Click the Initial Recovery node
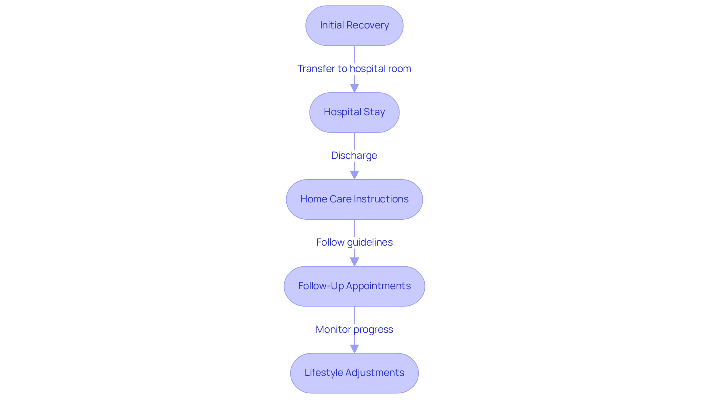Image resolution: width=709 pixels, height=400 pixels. [x=354, y=25]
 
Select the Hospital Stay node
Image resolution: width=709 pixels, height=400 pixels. [x=354, y=112]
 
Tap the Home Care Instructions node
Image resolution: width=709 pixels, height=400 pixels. [x=354, y=199]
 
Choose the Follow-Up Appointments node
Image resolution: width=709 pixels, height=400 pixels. [x=354, y=286]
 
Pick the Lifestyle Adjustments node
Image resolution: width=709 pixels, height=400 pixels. [x=354, y=373]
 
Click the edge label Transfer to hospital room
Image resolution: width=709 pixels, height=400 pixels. [x=354, y=69]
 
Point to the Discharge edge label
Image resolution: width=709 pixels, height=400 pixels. [x=354, y=155]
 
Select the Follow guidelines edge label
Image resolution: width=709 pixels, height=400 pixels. [x=354, y=242]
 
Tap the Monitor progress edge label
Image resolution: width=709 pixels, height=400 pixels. [x=354, y=329]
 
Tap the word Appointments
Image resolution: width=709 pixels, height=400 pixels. [x=378, y=286]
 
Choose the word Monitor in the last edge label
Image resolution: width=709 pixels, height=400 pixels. [x=333, y=329]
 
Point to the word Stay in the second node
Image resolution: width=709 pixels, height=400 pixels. [x=374, y=112]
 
